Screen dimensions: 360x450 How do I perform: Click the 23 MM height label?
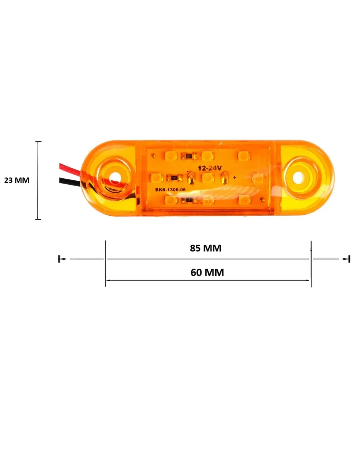[17, 180]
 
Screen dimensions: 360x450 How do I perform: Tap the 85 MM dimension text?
[205, 248]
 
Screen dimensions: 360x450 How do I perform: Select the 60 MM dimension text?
[207, 272]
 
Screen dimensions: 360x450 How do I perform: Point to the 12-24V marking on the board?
[210, 168]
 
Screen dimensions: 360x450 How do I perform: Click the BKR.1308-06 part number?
[170, 190]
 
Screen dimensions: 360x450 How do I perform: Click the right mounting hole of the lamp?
[298, 178]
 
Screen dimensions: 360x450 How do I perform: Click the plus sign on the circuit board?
[234, 178]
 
